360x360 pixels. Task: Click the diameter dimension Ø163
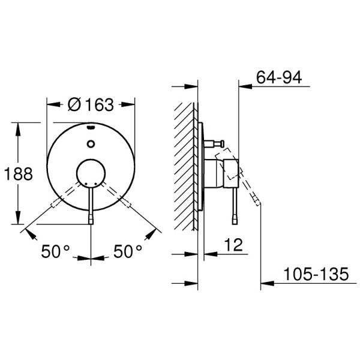click(91, 104)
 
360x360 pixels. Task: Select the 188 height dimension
click(19, 173)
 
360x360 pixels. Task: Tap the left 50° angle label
click(55, 251)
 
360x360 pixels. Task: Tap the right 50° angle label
click(128, 251)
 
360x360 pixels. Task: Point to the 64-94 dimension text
click(279, 77)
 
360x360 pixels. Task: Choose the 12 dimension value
click(233, 245)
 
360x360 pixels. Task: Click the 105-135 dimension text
click(316, 274)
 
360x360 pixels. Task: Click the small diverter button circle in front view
click(91, 144)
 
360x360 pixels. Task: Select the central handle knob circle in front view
click(91, 173)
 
